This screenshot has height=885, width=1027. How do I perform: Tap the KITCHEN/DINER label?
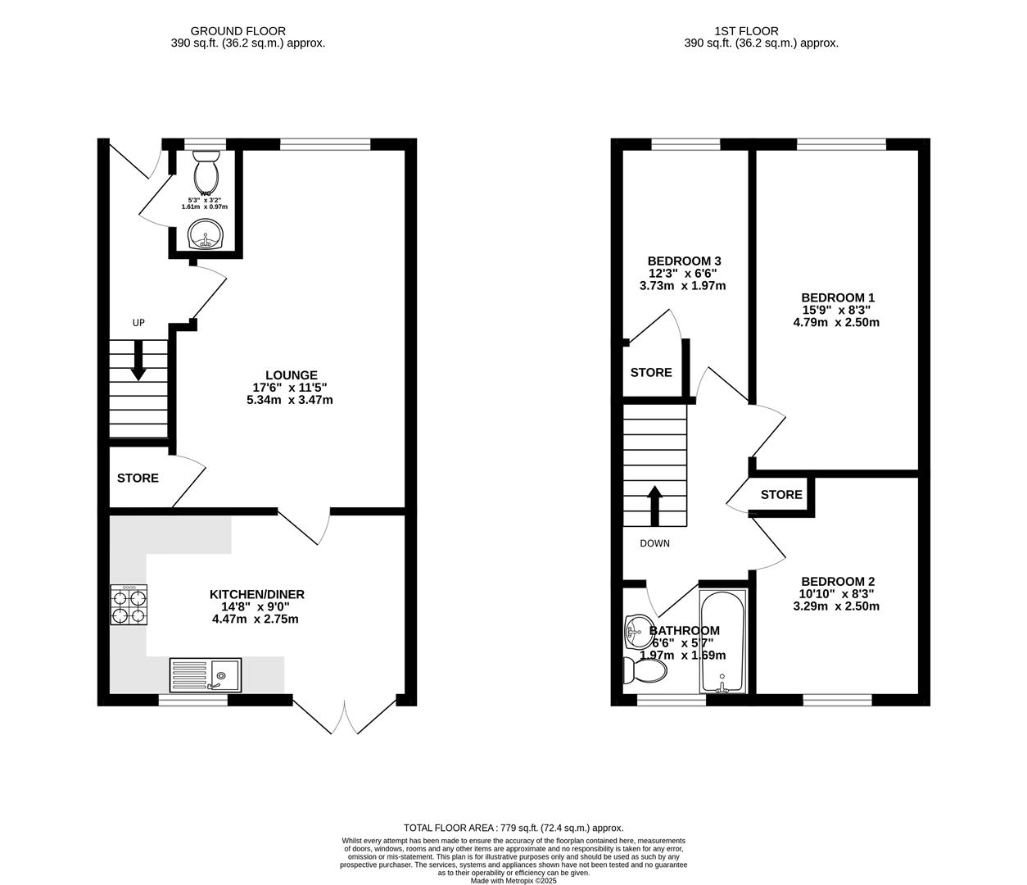pos(257,594)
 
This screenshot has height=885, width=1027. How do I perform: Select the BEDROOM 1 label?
pos(837,297)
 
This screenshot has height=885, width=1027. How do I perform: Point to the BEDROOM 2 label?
pos(837,582)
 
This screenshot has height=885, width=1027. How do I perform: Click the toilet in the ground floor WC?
pos(205,169)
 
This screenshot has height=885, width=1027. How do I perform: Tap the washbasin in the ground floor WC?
pos(205,235)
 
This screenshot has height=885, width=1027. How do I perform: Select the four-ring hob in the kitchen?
pos(129,605)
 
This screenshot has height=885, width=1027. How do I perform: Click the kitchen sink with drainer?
pos(206,675)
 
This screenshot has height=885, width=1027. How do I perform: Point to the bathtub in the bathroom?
pos(722,641)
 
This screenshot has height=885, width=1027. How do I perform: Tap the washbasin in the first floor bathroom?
pos(636,629)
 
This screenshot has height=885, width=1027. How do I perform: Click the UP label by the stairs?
pos(138,323)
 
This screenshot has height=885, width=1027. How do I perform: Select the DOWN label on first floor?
pos(654,543)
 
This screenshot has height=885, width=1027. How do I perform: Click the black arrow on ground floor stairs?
pos(138,361)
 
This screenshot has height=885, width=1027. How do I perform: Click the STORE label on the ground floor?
pos(138,478)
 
